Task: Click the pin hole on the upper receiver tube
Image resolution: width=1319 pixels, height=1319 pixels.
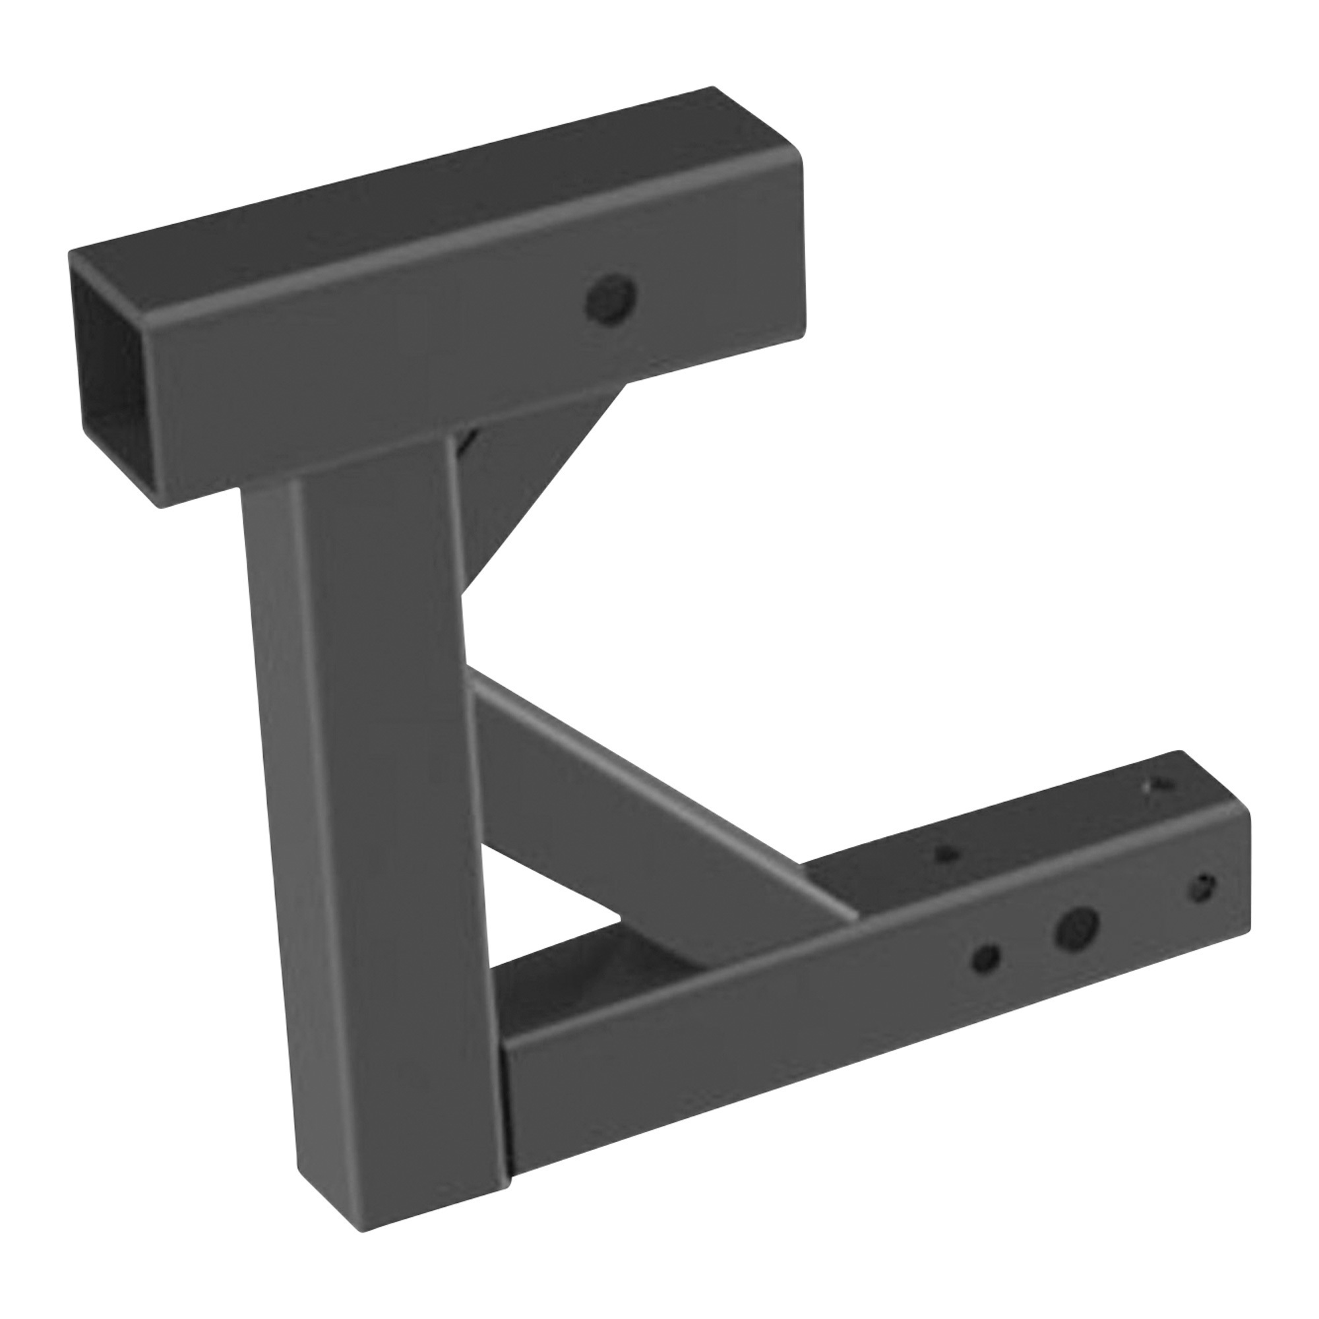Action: (613, 299)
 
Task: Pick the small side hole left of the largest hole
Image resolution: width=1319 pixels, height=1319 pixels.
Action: (986, 957)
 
